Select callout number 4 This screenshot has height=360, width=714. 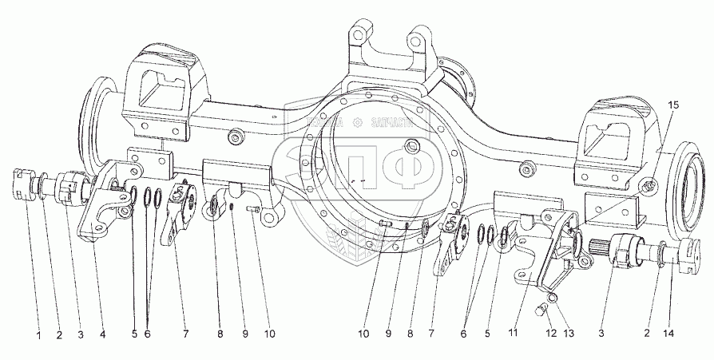click(101, 335)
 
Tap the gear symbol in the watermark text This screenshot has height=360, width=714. click(356, 122)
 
